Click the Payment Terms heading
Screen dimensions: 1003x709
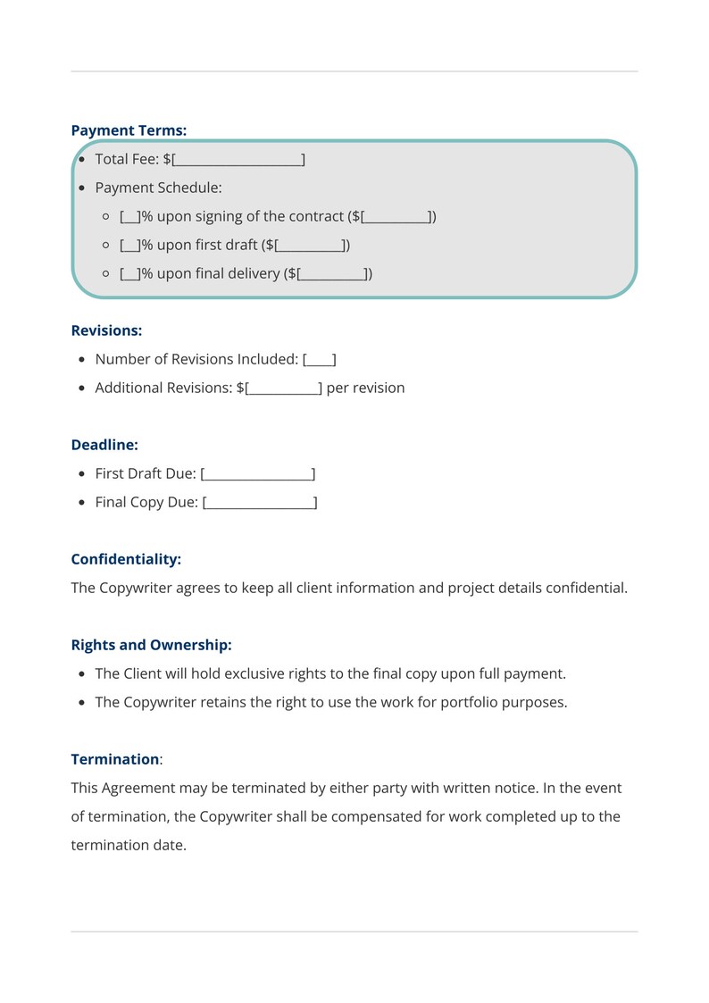click(x=129, y=130)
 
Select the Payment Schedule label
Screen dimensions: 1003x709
click(x=158, y=188)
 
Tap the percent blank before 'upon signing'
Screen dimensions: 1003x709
click(x=129, y=217)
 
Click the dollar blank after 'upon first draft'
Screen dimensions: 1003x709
click(x=309, y=246)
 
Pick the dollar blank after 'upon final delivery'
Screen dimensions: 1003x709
click(x=332, y=274)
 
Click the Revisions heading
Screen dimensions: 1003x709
click(x=106, y=330)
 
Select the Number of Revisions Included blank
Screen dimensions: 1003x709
click(x=320, y=360)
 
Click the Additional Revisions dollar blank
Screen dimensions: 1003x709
click(x=283, y=389)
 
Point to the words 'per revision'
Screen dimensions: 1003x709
click(x=365, y=389)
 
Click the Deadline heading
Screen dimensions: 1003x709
click(x=104, y=445)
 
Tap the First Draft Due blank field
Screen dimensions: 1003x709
click(x=258, y=474)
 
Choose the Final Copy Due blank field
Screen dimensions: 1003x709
click(x=260, y=503)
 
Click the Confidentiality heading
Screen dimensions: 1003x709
click(x=126, y=559)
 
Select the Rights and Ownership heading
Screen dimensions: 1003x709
click(x=151, y=645)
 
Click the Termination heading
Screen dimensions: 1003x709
click(x=114, y=759)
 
